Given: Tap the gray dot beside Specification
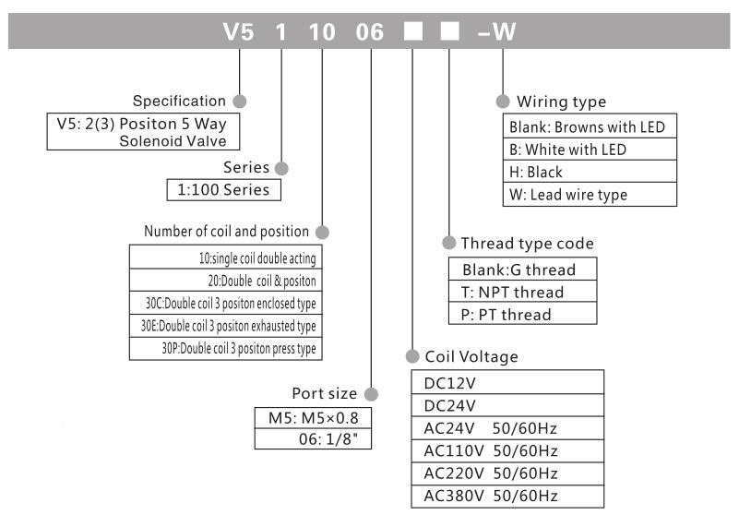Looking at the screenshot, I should pos(241,100).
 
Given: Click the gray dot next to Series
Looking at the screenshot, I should pos(282,168).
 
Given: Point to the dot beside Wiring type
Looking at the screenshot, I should pos(503,101).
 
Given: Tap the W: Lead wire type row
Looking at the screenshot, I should pos(567,195).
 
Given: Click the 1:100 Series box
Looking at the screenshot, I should pos(221,190).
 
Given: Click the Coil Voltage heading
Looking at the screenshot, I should pos(471,355).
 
